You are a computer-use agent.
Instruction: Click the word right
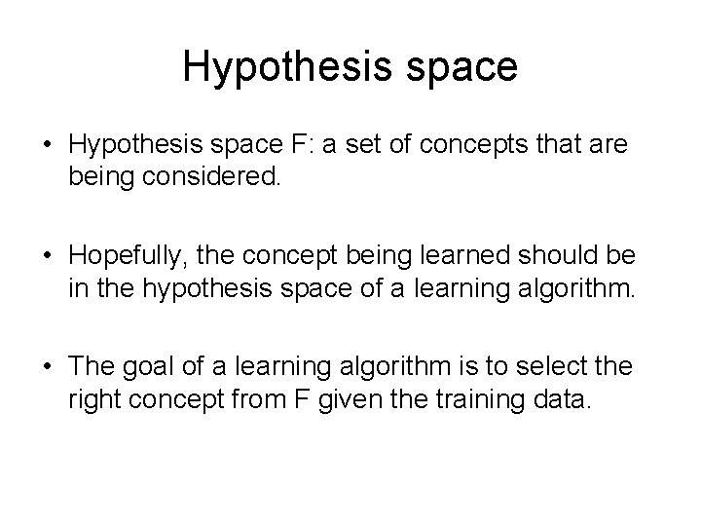(x=92, y=400)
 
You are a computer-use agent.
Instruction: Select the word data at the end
(x=564, y=400)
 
